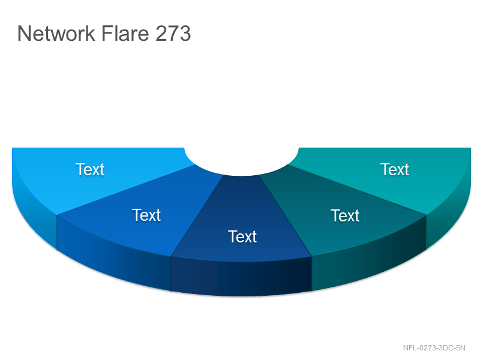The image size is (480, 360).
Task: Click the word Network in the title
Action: (56, 34)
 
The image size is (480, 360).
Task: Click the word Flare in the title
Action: (125, 34)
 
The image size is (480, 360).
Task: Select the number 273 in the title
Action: (173, 34)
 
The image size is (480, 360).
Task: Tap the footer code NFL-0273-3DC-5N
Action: (434, 348)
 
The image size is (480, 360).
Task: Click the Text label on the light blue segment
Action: (90, 169)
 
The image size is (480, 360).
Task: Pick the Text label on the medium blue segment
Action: (146, 215)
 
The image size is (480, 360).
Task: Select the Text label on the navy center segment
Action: (242, 236)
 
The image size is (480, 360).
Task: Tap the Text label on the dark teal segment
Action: (345, 215)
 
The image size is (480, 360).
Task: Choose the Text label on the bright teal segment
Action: (395, 169)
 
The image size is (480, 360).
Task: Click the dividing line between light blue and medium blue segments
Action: (126, 190)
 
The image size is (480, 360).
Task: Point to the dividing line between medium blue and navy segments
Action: (197, 215)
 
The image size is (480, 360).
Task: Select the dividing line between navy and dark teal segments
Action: (286, 215)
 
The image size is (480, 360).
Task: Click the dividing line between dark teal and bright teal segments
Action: (357, 190)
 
